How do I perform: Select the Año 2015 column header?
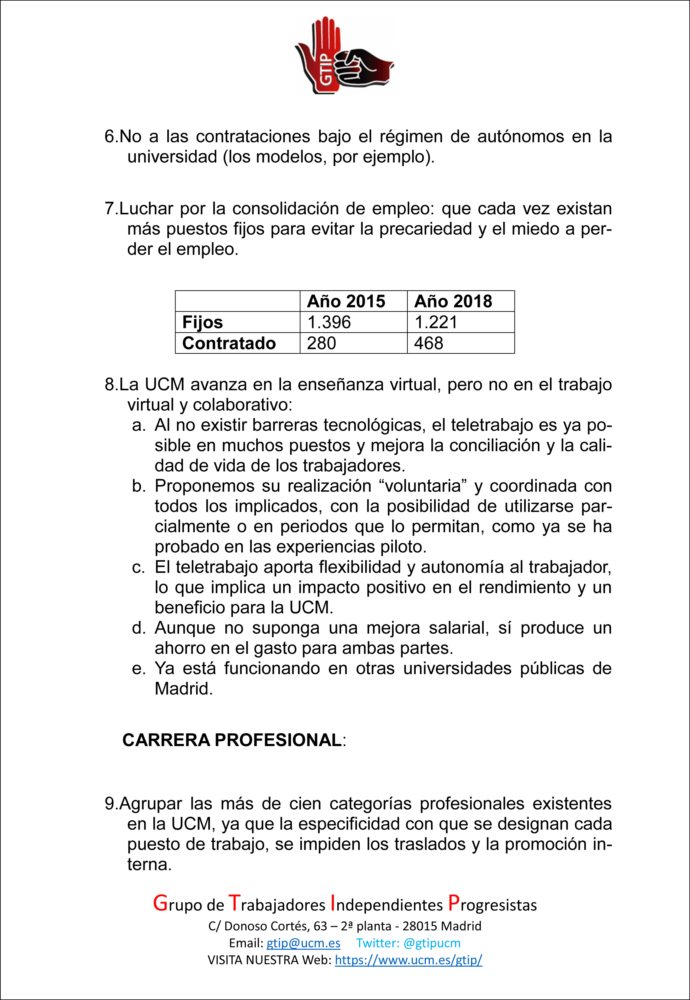point(346,301)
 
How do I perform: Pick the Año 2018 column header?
point(453,301)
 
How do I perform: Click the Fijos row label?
point(203,322)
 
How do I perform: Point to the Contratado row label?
point(229,343)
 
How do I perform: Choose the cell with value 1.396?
point(329,322)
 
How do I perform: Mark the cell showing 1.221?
point(436,322)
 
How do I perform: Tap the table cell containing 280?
point(322,343)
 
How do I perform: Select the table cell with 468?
point(429,343)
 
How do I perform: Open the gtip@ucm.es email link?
point(303,943)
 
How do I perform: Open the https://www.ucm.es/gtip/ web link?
point(408,960)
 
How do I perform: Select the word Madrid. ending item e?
point(184,689)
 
